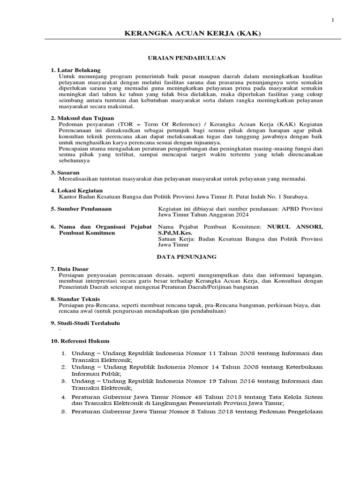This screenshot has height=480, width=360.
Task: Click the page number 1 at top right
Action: (333, 20)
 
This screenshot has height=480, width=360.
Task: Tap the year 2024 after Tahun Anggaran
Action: (239, 215)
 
